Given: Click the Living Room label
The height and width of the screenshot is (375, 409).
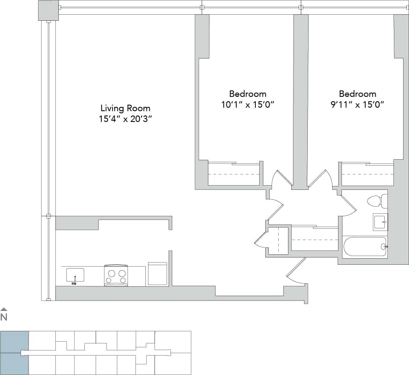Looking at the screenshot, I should click(126, 108).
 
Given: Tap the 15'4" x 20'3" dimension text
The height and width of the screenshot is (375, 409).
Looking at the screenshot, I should click(126, 119).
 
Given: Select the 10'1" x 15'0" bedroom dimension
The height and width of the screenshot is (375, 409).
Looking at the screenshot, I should click(248, 104).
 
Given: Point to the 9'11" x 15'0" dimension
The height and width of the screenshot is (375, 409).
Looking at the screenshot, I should click(357, 104).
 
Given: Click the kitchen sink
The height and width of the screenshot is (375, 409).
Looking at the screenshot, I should click(75, 276).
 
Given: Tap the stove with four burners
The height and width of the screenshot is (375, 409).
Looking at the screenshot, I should click(116, 275).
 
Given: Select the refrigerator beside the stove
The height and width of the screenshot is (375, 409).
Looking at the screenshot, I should click(158, 273).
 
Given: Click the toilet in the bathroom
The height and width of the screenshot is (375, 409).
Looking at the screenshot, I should click(376, 201).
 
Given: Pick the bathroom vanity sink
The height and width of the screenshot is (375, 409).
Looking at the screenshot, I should click(380, 222).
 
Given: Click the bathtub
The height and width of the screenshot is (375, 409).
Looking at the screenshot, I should click(364, 247).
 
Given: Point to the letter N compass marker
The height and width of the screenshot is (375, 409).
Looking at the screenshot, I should click(4, 317).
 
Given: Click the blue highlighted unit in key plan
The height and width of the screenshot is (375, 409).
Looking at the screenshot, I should click(14, 353).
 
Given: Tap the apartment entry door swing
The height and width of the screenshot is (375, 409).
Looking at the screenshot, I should click(297, 272).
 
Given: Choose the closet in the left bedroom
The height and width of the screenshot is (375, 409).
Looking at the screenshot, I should click(234, 174).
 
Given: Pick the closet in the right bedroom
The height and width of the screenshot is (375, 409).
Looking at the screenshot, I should click(367, 174).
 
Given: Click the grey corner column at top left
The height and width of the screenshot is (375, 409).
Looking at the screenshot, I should click(48, 10).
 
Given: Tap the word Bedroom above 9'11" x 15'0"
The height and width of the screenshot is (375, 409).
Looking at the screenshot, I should click(357, 94).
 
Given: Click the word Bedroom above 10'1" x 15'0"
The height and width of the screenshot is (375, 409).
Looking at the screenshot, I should click(248, 94).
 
